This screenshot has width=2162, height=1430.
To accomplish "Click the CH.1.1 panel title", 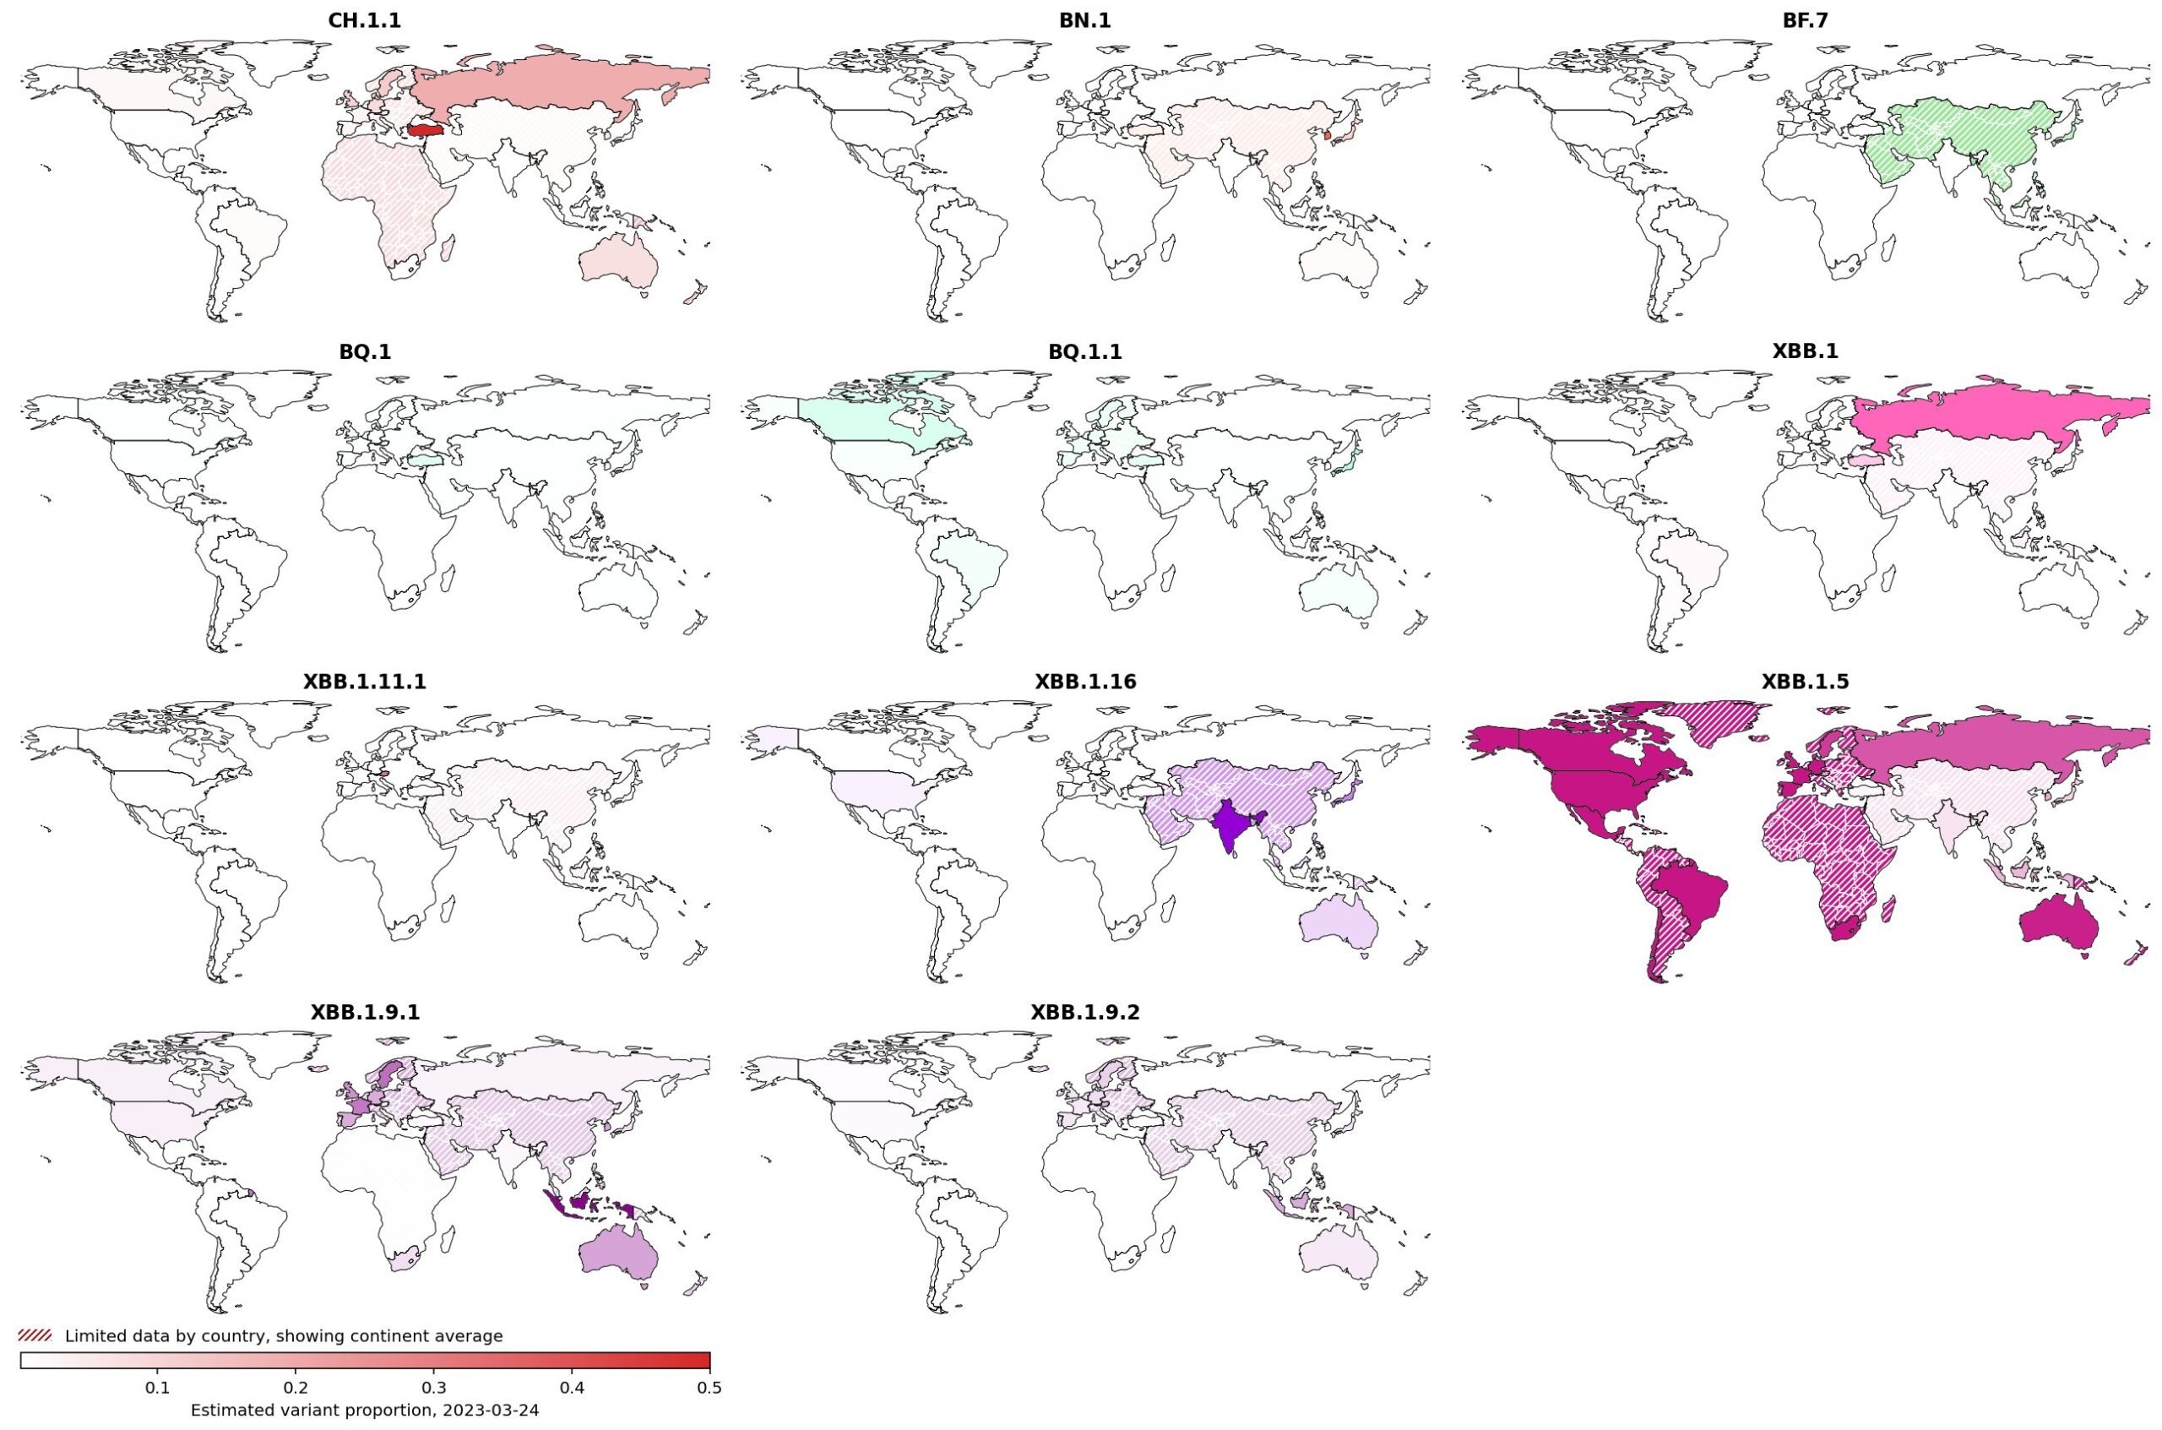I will pos(364,21).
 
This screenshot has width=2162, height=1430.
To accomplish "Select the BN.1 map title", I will pos(1084,21).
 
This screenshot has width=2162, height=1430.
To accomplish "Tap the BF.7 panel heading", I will pos(1805,21).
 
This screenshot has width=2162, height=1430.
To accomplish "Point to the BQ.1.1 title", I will pos(1084,352).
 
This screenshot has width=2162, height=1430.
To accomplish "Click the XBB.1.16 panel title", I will pos(1084,682).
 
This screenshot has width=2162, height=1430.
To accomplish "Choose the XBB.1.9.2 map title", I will pos(1084,1012).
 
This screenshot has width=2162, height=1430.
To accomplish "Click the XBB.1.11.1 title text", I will pos(364,682).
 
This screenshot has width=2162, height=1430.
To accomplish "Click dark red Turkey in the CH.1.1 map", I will pos(426,130).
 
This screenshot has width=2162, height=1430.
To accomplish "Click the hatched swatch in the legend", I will pos(35,1335).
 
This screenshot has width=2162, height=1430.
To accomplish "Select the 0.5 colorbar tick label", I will pos(709,1388).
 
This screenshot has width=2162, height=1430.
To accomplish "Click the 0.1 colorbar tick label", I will pos(158,1388).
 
